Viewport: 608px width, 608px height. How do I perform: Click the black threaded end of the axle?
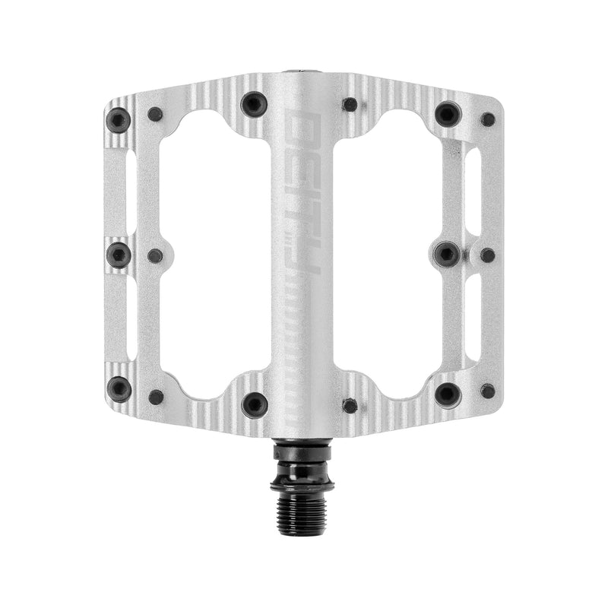(x=302, y=499)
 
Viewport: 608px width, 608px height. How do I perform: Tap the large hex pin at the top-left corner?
(x=118, y=119)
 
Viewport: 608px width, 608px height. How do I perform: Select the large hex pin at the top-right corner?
(x=448, y=114)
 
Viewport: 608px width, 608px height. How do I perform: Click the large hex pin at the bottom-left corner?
(x=118, y=388)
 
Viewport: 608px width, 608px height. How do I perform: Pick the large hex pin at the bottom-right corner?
(x=448, y=394)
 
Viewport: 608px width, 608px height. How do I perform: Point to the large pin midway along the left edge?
(x=118, y=255)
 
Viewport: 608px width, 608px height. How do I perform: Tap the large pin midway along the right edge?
(x=447, y=254)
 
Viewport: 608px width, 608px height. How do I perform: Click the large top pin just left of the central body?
(x=254, y=103)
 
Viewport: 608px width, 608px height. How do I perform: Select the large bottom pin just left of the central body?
(x=254, y=404)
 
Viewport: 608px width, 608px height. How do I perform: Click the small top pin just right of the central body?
(x=350, y=104)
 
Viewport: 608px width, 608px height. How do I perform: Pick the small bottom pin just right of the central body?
(x=350, y=405)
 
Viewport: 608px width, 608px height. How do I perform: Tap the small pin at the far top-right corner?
(x=488, y=119)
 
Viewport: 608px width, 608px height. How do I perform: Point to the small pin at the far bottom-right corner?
(x=488, y=391)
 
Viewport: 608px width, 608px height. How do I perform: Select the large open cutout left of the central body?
(x=214, y=255)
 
